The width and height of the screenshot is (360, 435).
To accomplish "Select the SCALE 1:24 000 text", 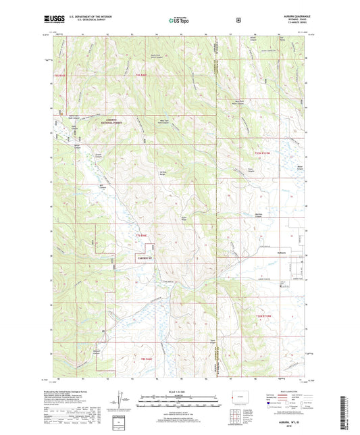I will pos(179,392).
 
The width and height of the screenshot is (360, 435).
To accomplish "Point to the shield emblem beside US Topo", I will pos(237,20).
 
